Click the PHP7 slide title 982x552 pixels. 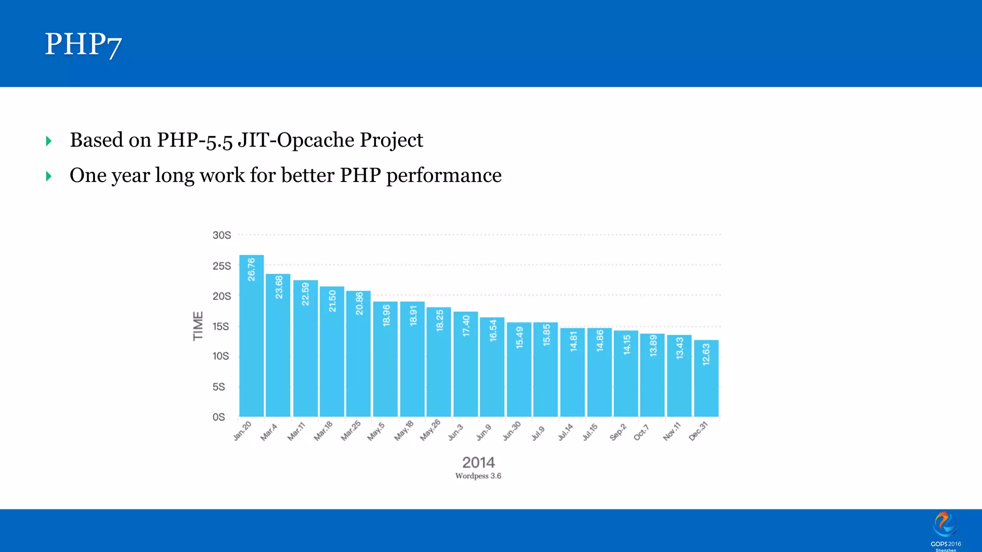coord(83,44)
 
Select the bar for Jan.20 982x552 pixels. coord(251,335)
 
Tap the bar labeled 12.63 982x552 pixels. coord(706,379)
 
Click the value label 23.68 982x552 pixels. coord(279,287)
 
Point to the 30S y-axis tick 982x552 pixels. coord(222,235)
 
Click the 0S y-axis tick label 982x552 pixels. coord(219,417)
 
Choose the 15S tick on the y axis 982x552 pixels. coord(221,326)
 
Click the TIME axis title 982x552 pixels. coord(198,326)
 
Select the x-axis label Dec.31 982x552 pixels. coord(698,431)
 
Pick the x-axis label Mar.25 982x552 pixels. coord(351,431)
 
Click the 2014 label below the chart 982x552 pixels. coord(478,462)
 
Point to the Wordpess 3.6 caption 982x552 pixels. coord(478,476)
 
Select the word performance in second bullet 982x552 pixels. coord(444,175)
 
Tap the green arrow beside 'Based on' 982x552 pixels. coord(48,141)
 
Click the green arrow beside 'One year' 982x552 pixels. coord(48,176)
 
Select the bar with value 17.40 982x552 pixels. coord(466,364)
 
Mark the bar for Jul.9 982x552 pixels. coord(546,369)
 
